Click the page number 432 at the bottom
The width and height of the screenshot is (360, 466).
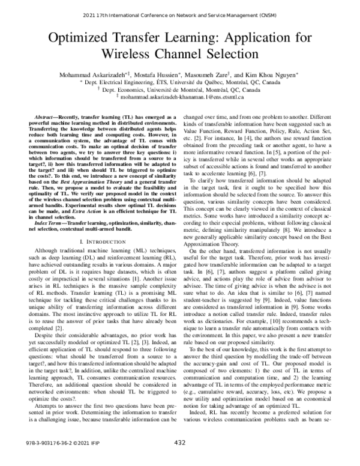pos(179,459)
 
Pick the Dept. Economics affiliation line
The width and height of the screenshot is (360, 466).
pos(180,89)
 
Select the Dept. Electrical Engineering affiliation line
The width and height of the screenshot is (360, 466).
pos(180,82)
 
